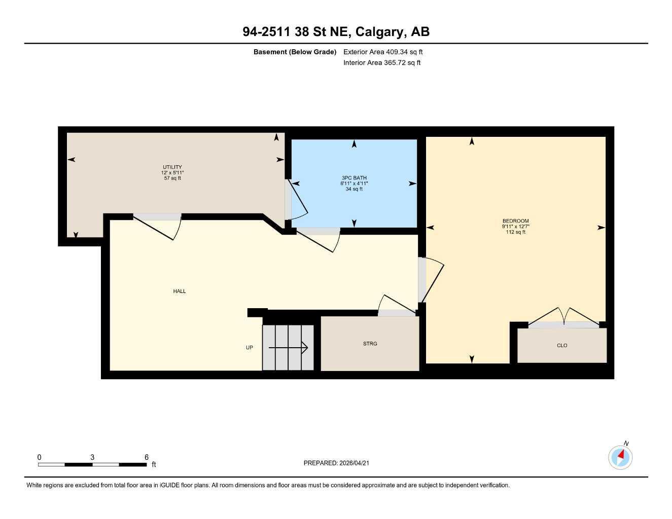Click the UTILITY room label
coord(172,167)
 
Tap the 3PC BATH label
coord(354,178)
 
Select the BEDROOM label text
coord(515,221)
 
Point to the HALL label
coord(180,291)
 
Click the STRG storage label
coord(370,344)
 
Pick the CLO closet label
coord(562,345)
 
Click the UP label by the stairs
coord(249,348)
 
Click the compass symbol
coord(620,457)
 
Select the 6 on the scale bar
coord(147,457)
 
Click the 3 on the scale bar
coord(92,457)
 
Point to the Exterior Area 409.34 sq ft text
coord(383,52)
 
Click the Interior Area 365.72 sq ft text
coord(382,63)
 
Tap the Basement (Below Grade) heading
coord(295,52)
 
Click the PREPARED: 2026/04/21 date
coord(340,463)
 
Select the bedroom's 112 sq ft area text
coord(515,232)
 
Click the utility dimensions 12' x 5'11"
coord(172,173)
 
